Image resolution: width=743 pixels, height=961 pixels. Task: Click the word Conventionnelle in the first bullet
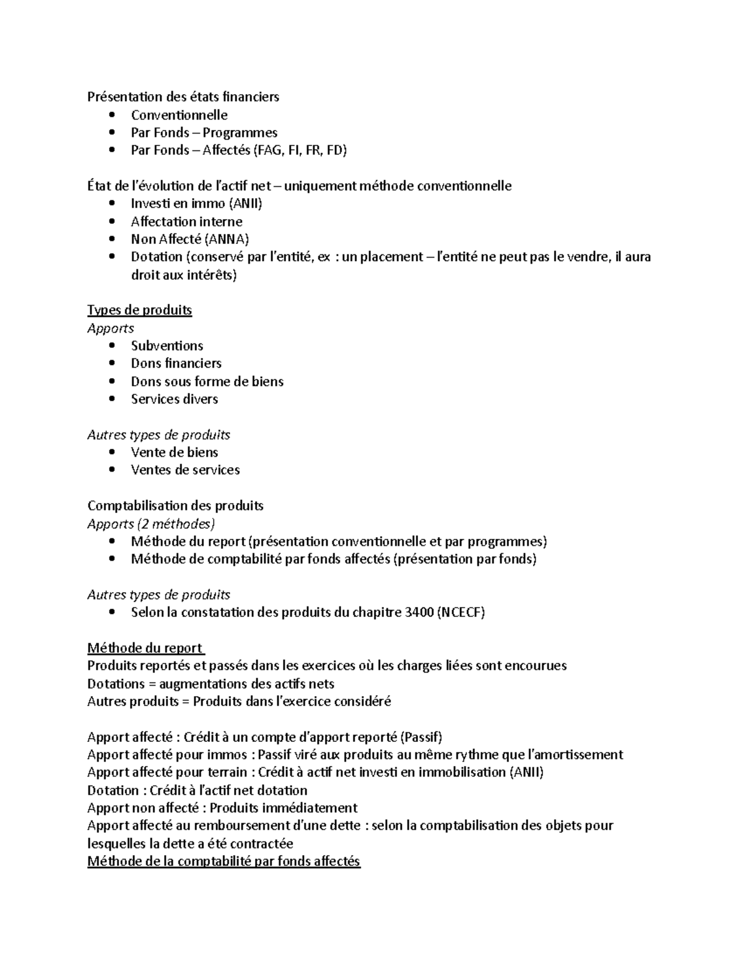tap(179, 115)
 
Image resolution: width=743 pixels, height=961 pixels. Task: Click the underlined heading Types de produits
tap(139, 310)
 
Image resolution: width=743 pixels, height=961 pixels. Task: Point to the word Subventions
tap(167, 346)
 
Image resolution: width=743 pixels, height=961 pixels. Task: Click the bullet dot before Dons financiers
tap(111, 364)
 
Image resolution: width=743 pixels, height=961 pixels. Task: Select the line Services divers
tap(174, 399)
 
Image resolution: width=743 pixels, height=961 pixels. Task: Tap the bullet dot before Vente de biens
tap(111, 453)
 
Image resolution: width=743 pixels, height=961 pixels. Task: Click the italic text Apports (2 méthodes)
tap(151, 524)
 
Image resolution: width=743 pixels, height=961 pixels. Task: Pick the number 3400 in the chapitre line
tap(419, 613)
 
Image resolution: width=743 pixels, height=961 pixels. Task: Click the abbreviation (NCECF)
tap(461, 613)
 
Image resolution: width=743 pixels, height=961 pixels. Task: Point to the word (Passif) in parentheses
tap(421, 737)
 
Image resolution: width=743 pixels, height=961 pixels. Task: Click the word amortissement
tap(575, 755)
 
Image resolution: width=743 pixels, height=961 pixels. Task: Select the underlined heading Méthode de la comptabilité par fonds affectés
tap(224, 861)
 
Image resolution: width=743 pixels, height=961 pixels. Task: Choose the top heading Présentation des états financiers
tap(183, 97)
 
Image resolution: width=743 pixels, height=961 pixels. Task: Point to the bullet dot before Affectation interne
tap(111, 222)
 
